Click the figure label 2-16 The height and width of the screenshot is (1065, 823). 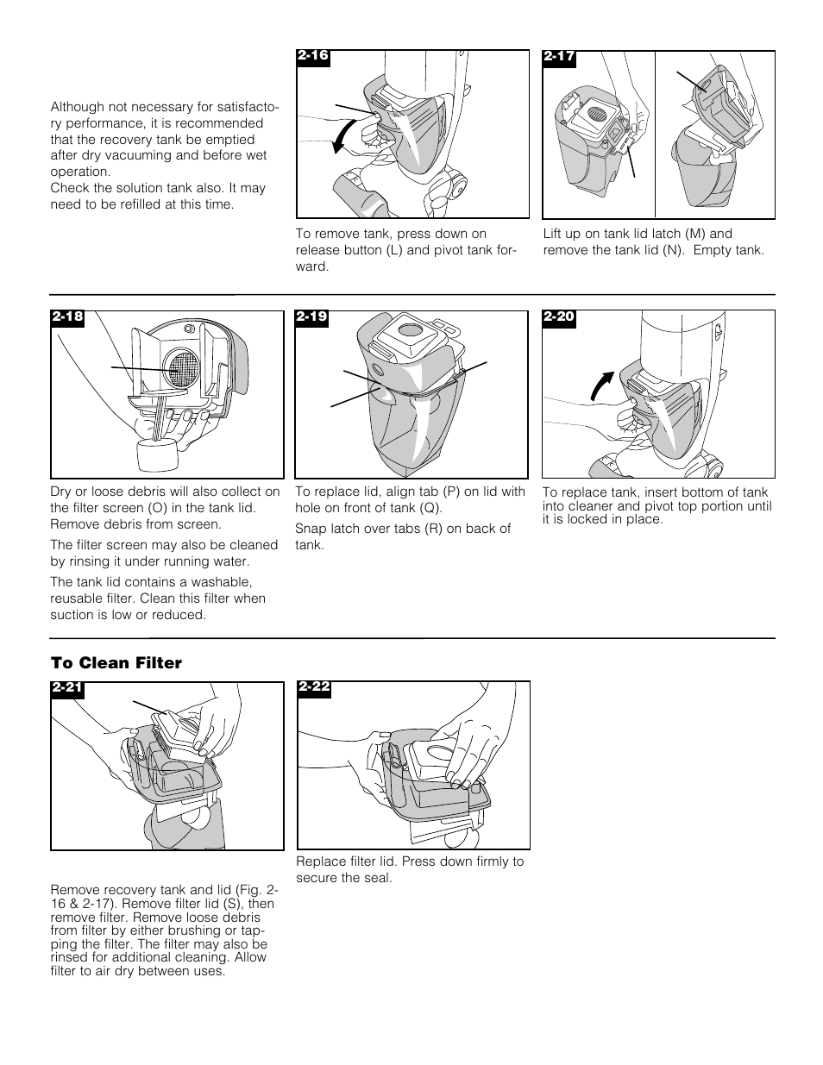click(x=313, y=56)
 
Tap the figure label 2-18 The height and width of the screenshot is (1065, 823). click(x=67, y=316)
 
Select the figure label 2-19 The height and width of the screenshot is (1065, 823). click(x=312, y=316)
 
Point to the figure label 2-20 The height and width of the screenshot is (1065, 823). click(x=558, y=316)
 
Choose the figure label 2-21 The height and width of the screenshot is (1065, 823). click(x=67, y=687)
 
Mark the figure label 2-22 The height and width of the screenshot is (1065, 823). click(x=314, y=686)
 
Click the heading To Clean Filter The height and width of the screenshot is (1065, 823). click(x=116, y=662)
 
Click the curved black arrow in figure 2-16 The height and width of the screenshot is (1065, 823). click(x=342, y=136)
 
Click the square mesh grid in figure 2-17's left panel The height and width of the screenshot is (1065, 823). click(x=594, y=111)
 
